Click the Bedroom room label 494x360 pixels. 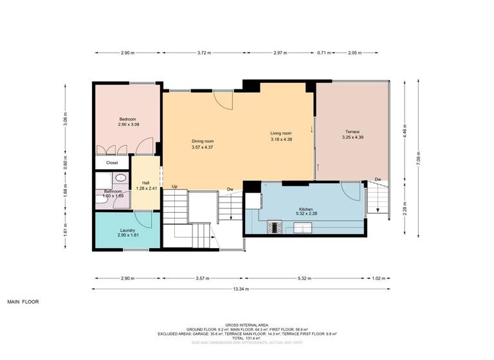127,119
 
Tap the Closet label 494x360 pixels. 112,163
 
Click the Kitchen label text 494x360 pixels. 305,210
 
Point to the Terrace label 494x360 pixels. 351,132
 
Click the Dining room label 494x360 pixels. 202,141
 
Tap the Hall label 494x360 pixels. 146,183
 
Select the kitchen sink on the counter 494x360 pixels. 303,227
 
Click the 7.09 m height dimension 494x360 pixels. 419,159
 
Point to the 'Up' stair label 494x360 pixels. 174,187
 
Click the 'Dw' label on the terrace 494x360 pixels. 378,179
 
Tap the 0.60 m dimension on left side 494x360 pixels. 65,163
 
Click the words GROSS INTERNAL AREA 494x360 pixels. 247,325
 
